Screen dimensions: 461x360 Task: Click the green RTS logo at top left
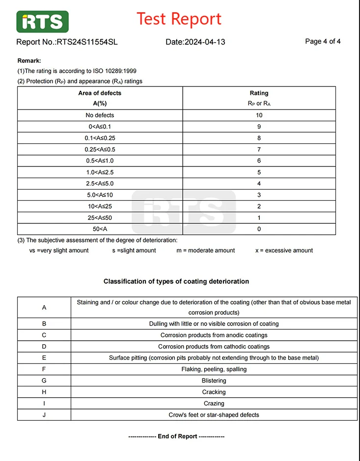tap(42, 22)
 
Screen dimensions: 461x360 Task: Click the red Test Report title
tap(179, 19)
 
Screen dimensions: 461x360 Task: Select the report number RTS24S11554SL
tap(87, 42)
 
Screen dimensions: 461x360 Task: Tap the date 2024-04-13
tap(204, 42)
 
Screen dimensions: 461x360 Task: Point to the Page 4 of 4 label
tap(323, 41)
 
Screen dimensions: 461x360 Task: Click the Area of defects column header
tap(100, 93)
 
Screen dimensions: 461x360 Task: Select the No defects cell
tap(100, 115)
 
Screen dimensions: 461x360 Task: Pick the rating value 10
tap(259, 115)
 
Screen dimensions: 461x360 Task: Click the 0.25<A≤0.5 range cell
tap(100, 150)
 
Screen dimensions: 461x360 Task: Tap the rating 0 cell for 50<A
tap(259, 229)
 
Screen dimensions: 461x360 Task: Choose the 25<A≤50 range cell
tap(100, 217)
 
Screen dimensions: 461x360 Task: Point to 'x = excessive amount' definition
tap(284, 250)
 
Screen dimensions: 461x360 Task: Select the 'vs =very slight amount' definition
tap(59, 250)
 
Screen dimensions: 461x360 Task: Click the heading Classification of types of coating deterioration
tap(176, 281)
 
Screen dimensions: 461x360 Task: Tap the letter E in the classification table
tap(44, 358)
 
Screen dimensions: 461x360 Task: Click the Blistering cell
tap(214, 380)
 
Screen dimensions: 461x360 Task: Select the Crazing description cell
tap(214, 404)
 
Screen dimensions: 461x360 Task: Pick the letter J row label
tap(44, 415)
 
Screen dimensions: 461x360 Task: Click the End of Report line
tap(176, 436)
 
